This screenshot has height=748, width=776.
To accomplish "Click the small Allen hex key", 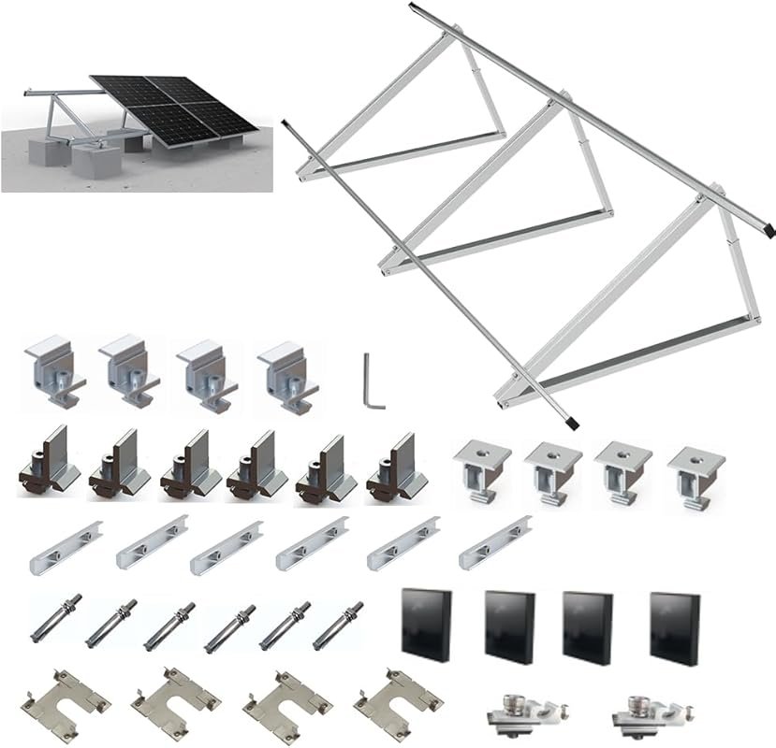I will click(x=373, y=381).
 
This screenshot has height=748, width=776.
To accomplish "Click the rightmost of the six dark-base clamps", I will click(x=395, y=465).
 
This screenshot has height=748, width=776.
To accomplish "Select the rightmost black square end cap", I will click(x=675, y=624).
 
